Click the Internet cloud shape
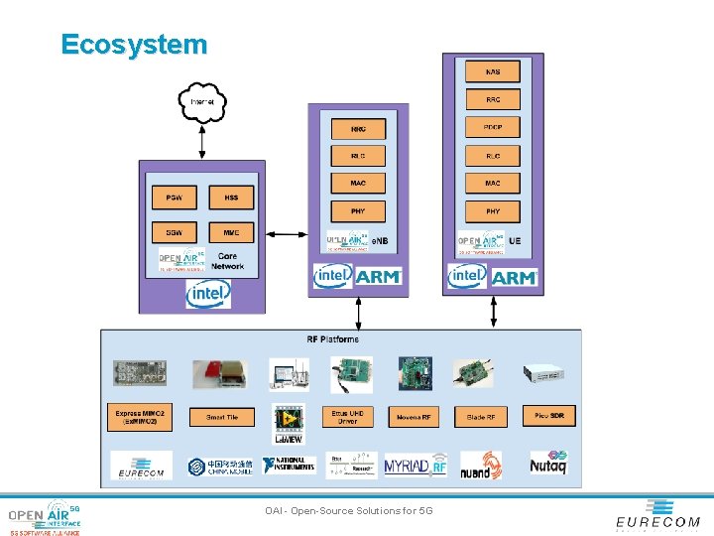[202, 101]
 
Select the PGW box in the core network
[174, 198]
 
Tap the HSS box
[231, 198]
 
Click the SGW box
[174, 232]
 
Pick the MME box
[231, 232]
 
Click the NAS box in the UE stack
[493, 72]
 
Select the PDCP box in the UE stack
[493, 128]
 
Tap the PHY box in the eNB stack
[358, 210]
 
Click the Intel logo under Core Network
[208, 294]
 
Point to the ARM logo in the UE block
[514, 277]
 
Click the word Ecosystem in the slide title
[134, 45]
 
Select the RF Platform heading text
[332, 339]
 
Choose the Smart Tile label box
[222, 418]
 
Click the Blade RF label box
[481, 417]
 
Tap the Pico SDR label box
[549, 416]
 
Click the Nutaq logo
[546, 465]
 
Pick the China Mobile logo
[220, 466]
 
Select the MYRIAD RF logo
[416, 465]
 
